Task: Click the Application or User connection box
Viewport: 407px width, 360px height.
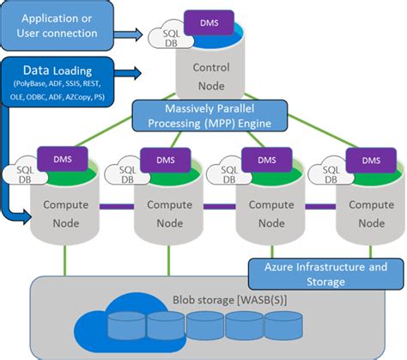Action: [x=59, y=26]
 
